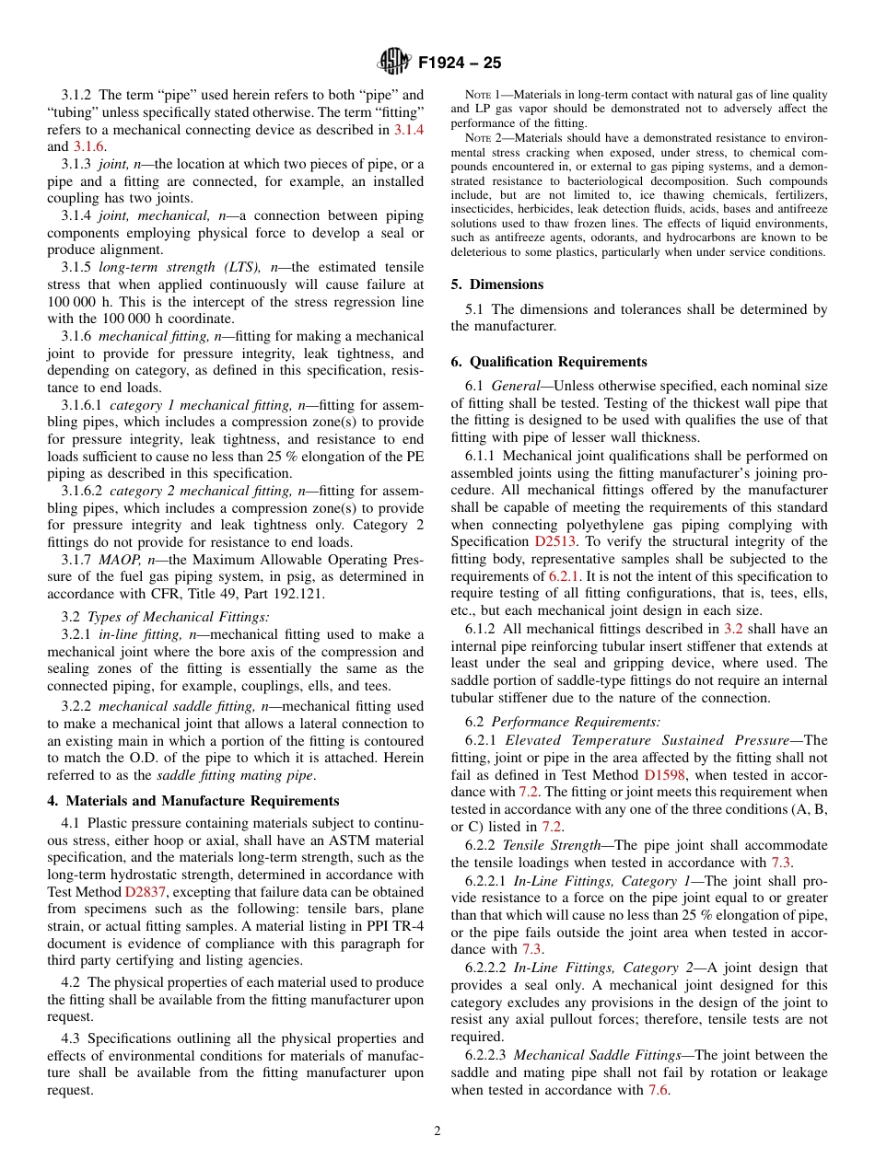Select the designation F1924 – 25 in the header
pos(460,63)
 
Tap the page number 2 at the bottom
pos(437,1131)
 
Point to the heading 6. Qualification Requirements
pos(549,362)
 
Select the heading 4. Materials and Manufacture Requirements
pos(193,801)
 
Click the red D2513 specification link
pos(555,541)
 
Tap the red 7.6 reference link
pos(658,1090)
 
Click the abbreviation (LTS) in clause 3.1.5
pos(235,268)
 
